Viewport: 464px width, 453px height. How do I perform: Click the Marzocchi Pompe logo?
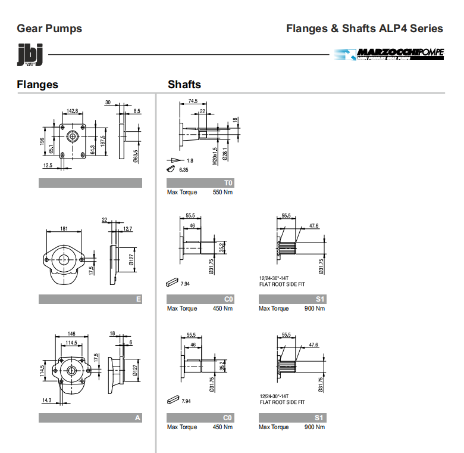[389, 54]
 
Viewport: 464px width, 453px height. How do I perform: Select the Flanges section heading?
[37, 85]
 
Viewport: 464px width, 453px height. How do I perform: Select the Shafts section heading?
[184, 85]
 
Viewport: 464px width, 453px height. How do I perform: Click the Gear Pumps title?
[49, 28]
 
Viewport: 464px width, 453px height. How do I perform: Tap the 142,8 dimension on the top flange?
[73, 111]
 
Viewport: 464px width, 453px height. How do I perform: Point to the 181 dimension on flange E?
[64, 228]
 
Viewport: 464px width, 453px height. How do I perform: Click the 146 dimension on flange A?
[71, 334]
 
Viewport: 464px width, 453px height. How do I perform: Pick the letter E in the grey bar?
[138, 299]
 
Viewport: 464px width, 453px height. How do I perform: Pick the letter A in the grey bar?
[138, 418]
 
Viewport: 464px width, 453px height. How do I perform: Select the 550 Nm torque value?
[222, 193]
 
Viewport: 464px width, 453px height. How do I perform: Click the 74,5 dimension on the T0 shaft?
[193, 101]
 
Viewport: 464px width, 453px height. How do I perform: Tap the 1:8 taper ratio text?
[190, 161]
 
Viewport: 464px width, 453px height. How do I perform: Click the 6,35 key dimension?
[184, 170]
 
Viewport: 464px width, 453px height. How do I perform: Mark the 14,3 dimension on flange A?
[47, 401]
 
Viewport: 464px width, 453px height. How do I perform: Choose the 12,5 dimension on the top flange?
[48, 165]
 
